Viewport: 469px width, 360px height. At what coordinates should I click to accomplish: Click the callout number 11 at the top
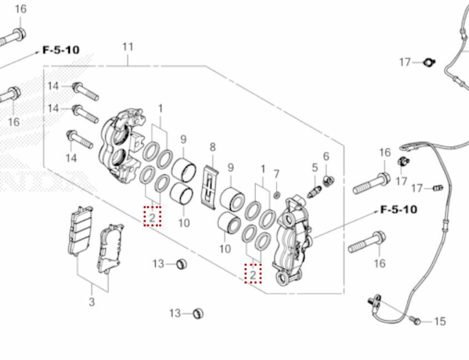click(x=128, y=47)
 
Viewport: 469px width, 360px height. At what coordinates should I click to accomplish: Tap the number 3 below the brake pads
click(x=92, y=302)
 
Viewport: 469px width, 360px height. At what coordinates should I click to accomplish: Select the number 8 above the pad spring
click(x=212, y=147)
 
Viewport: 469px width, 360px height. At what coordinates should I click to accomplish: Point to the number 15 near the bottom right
click(x=440, y=321)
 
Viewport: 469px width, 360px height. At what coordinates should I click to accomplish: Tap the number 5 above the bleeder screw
click(x=314, y=167)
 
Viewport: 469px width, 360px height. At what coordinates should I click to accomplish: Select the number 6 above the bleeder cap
click(x=326, y=157)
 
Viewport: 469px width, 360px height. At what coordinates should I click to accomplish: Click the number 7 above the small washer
click(x=277, y=174)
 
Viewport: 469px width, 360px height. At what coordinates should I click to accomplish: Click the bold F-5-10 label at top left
click(x=60, y=50)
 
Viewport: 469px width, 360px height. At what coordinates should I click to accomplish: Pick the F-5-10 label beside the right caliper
click(x=399, y=210)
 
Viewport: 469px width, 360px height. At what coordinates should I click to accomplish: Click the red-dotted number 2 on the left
click(x=152, y=217)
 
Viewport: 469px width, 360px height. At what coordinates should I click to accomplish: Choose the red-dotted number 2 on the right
click(x=253, y=274)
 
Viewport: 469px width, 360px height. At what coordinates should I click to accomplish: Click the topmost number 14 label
click(x=53, y=86)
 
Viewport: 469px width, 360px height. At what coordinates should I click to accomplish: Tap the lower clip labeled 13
click(x=198, y=314)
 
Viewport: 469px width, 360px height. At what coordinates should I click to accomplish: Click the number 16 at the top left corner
click(x=20, y=9)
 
